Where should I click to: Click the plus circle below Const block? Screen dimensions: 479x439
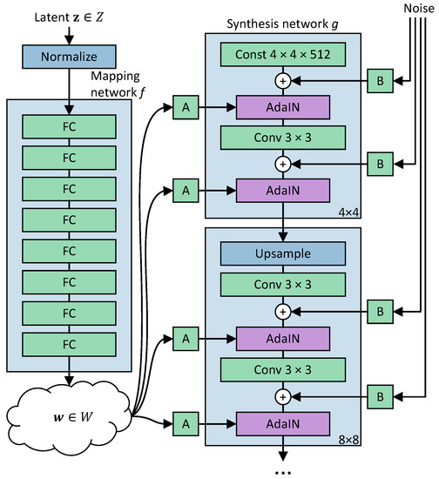[x=283, y=80]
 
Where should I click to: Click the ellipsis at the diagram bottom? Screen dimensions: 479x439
[x=283, y=470]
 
